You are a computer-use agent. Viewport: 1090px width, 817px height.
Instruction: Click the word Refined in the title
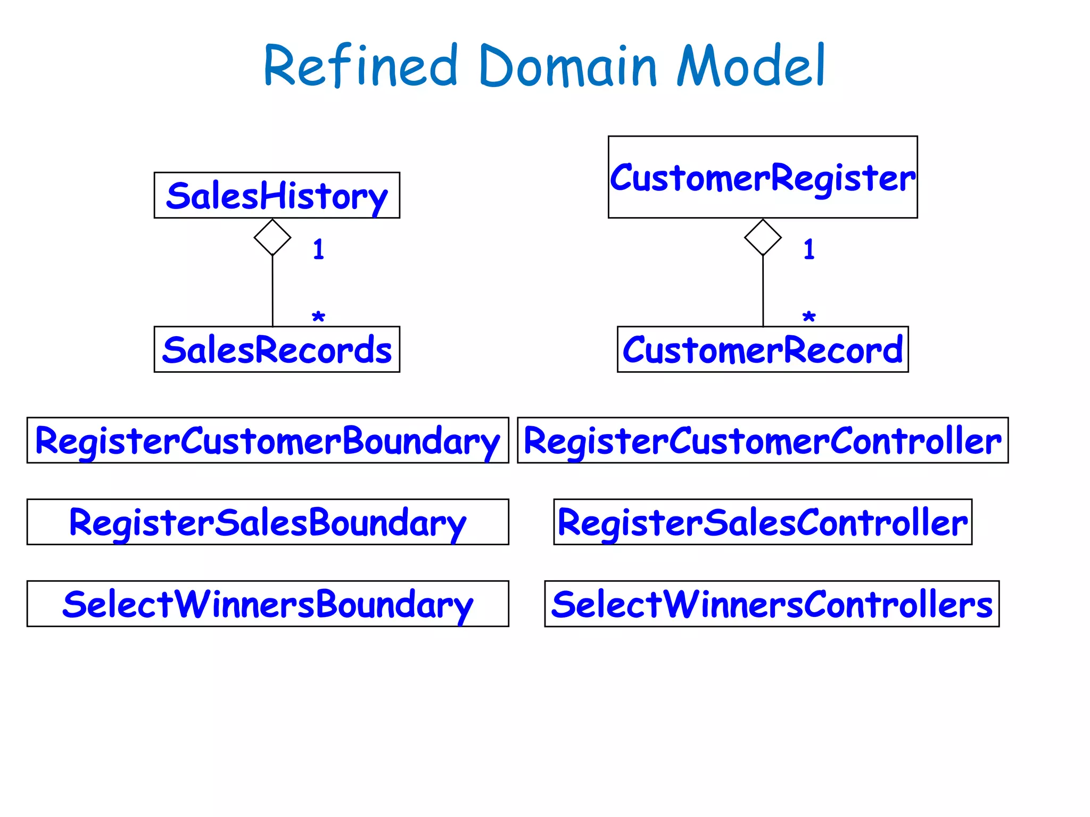(360, 66)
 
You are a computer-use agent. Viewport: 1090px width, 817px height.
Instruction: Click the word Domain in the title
(568, 66)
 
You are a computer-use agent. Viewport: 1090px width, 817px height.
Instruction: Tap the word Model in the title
(750, 66)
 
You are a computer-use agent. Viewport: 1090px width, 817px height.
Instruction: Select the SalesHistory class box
(277, 195)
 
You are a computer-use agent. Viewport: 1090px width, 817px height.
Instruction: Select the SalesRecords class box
(277, 349)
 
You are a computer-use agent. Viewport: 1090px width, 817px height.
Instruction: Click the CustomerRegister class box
(763, 177)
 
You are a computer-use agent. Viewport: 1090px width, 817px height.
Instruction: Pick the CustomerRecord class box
(763, 349)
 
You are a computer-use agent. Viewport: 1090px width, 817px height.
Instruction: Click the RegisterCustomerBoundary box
(268, 440)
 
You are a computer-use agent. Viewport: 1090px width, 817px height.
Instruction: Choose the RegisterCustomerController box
(763, 440)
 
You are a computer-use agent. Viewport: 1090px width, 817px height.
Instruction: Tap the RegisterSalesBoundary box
(268, 522)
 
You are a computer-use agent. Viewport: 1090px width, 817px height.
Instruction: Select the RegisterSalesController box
(763, 522)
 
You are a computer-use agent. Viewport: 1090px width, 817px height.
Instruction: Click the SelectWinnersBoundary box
(268, 604)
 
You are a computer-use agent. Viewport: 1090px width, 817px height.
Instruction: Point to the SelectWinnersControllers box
(772, 604)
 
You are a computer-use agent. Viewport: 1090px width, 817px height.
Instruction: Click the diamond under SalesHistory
(272, 237)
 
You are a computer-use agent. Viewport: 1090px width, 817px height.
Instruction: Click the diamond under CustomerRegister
(763, 237)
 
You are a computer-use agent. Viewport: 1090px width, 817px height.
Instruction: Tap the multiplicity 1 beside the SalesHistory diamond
(318, 249)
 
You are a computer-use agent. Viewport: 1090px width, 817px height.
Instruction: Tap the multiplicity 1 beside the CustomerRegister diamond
(808, 249)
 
